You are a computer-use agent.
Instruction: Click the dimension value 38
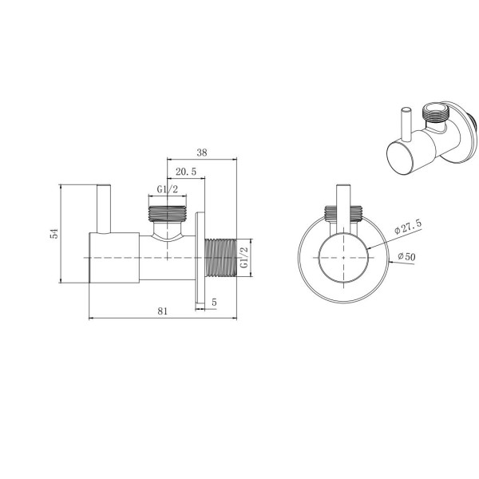pyautogui.click(x=202, y=152)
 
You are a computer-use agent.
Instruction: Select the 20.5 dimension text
pyautogui.click(x=186, y=172)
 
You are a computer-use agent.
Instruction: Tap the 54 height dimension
pyautogui.click(x=54, y=233)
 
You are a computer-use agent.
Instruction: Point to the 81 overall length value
pyautogui.click(x=163, y=311)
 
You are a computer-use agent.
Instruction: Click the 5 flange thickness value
pyautogui.click(x=214, y=302)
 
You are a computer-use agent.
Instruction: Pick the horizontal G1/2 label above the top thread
pyautogui.click(x=167, y=189)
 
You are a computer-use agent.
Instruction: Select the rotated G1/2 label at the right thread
pyautogui.click(x=244, y=258)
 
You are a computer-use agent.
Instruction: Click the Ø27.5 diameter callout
pyautogui.click(x=408, y=227)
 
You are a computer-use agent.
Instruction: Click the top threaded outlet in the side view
pyautogui.click(x=168, y=213)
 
